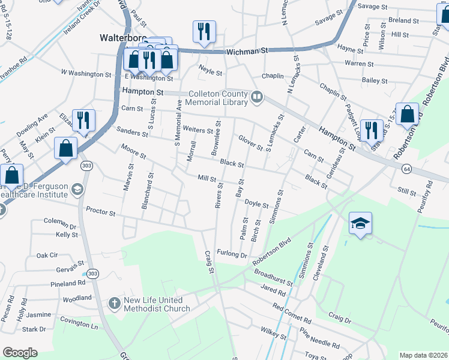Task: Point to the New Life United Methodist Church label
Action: (x=157, y=305)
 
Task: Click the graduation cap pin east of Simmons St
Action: (x=360, y=223)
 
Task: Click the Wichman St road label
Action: (x=248, y=52)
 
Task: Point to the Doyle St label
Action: (x=256, y=205)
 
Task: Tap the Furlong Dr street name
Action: (x=232, y=254)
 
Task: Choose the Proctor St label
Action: (x=100, y=211)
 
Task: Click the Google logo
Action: (x=20, y=353)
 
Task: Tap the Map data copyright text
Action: (x=423, y=355)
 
